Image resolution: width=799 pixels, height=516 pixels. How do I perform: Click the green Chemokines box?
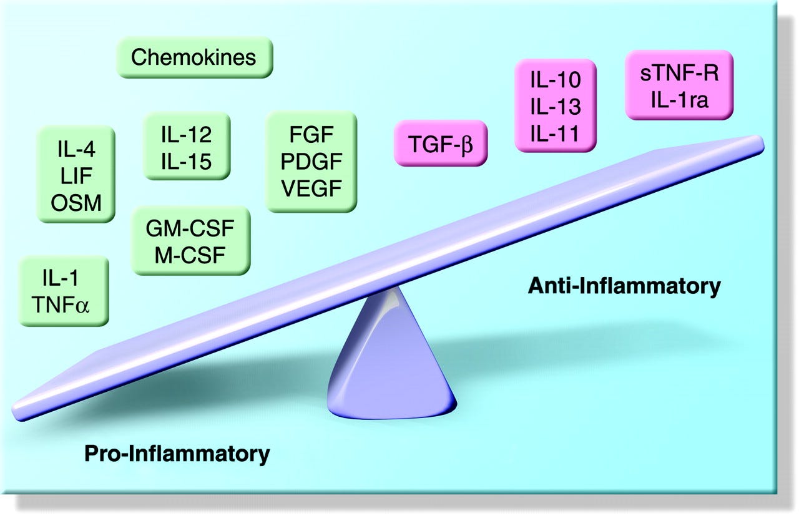[194, 57]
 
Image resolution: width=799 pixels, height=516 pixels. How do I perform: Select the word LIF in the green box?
[76, 175]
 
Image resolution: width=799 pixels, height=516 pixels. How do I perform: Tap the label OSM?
[76, 202]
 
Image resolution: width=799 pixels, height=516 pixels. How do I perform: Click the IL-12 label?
[186, 134]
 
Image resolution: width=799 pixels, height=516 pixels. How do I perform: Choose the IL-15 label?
[186, 162]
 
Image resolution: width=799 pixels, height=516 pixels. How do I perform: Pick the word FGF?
[311, 134]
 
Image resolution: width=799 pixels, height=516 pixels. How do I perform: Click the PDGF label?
[311, 161]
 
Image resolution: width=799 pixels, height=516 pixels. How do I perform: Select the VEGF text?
[311, 188]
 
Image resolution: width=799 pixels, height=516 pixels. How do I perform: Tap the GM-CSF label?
[190, 228]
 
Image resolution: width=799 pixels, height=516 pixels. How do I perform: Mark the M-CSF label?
[190, 255]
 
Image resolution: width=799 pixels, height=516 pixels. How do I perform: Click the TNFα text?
[63, 305]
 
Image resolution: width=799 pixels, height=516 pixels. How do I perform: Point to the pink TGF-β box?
[440, 143]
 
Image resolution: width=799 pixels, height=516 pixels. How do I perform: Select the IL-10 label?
[555, 80]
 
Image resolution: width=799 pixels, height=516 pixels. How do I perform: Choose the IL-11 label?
[555, 133]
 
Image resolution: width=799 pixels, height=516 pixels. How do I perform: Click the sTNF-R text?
[679, 74]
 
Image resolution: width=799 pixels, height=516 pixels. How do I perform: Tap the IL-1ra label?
[679, 100]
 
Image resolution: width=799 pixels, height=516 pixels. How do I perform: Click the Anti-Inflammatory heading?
[624, 286]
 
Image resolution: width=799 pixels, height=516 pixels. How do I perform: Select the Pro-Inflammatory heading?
[177, 454]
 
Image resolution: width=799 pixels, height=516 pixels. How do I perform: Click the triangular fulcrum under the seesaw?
[391, 365]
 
